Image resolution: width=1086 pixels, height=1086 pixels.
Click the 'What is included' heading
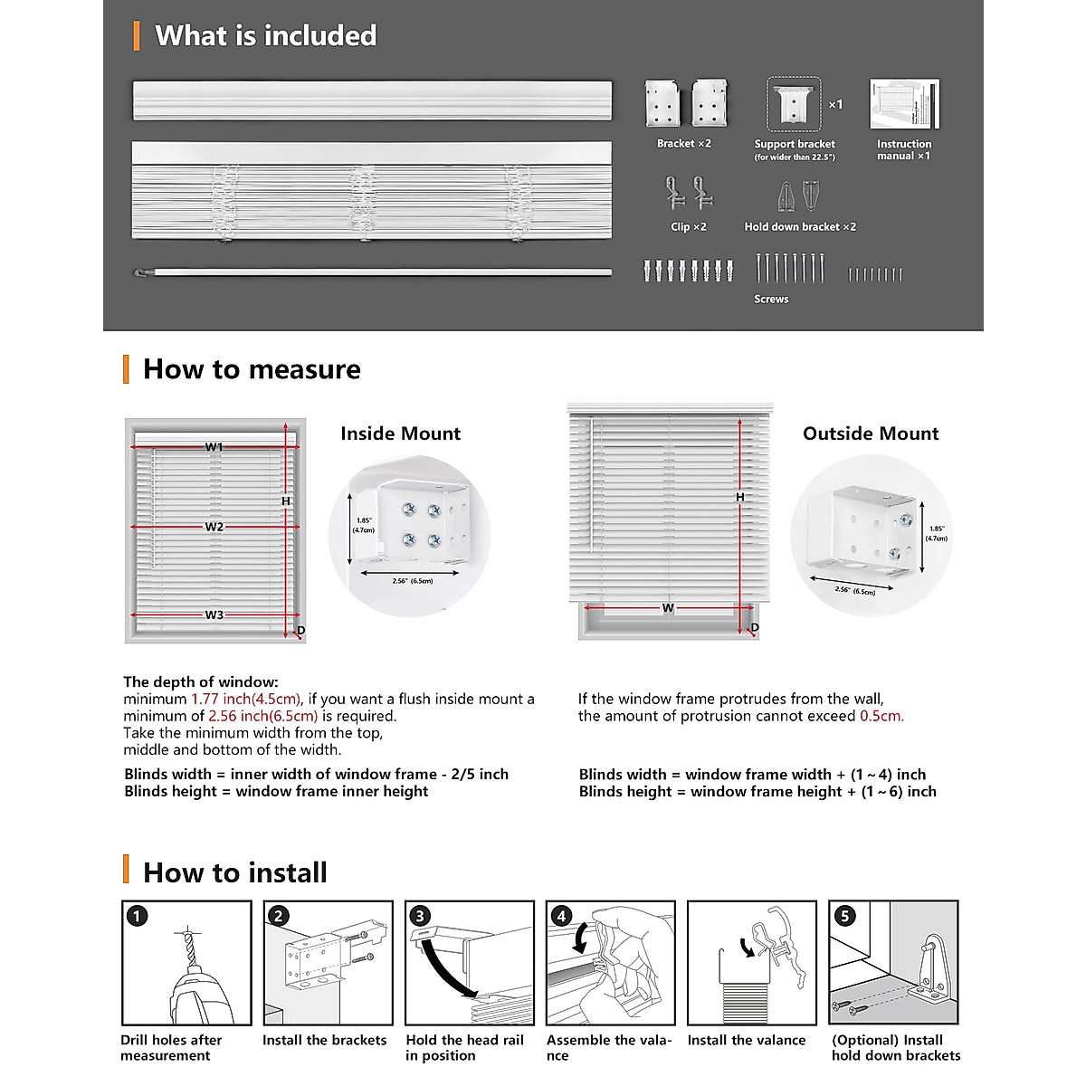coord(265,36)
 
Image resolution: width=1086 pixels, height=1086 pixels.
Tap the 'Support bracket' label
coord(795,144)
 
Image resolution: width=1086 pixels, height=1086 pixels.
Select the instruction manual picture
coord(904,104)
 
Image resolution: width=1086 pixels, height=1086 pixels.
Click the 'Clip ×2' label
coord(689,227)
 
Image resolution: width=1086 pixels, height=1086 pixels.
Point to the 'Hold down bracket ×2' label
coord(800,227)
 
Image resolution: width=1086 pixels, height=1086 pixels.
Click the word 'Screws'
coord(771,299)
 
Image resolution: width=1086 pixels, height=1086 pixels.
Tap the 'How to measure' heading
coord(252,369)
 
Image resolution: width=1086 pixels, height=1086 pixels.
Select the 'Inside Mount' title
coord(400,433)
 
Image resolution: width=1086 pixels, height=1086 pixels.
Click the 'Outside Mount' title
coord(871,433)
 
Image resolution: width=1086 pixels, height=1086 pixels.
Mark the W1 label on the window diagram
coord(214,447)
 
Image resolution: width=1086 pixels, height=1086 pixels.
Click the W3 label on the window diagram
coord(214,615)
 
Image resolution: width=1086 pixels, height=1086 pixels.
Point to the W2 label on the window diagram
coord(214,527)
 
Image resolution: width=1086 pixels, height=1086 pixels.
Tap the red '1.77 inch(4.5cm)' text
coord(245,699)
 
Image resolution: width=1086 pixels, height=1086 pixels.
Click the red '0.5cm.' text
coord(881,716)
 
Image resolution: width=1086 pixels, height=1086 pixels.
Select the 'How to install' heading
coord(235,872)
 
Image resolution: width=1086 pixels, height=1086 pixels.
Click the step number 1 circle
coord(137,916)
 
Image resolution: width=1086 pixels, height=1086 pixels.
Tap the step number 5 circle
coord(844,916)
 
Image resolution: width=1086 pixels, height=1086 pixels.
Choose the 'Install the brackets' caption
coord(324,1040)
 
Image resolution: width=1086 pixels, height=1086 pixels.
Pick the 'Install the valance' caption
coord(747,1040)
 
